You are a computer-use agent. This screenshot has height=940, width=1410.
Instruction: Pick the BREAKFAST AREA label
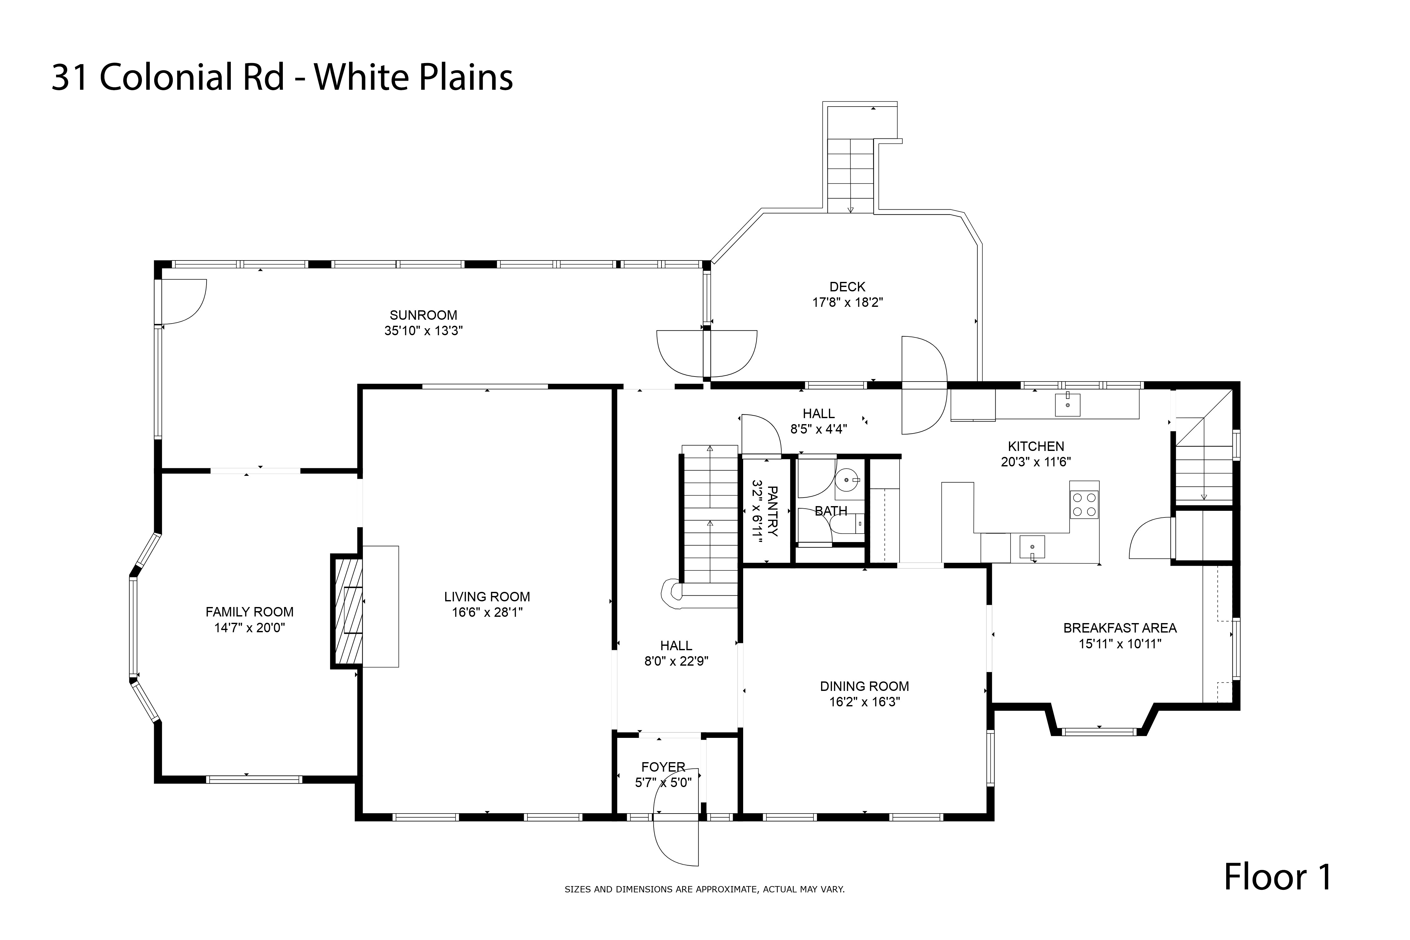1119,628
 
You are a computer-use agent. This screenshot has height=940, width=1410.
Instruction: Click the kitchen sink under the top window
1067,405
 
